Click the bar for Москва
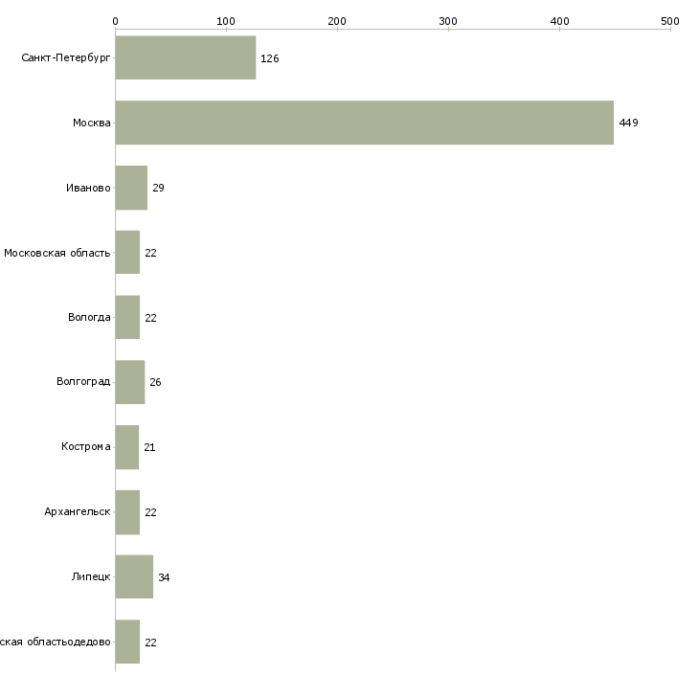pos(364,123)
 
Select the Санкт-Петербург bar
pos(186,58)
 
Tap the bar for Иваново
pos(131,188)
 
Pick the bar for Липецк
pos(134,576)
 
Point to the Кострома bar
pos(127,447)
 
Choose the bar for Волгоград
pos(130,382)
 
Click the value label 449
pos(628,124)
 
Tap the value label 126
pos(269,58)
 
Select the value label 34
pos(164,577)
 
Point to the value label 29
pos(158,188)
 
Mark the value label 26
pos(155,382)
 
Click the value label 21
pos(149,447)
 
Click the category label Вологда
pos(89,317)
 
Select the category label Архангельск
pos(78,511)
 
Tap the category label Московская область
pos(57,253)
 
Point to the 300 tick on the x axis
pos(448,20)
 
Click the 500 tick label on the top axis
pos(669,20)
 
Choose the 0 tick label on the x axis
pos(115,20)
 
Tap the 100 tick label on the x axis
pos(226,20)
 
